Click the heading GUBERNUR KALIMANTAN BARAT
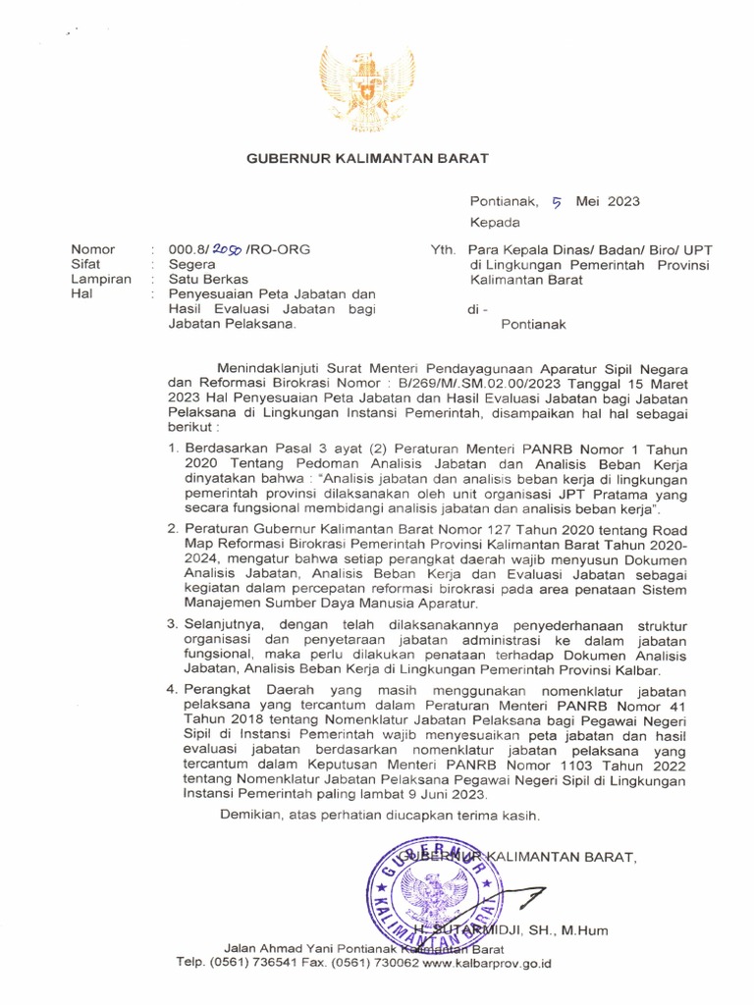coord(366,158)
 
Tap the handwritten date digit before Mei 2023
coord(556,202)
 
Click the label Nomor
coord(92,250)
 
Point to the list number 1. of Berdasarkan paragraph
coord(172,449)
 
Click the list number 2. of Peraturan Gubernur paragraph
coord(172,529)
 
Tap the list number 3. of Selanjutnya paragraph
coord(172,624)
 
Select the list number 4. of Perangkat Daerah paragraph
coord(172,690)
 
